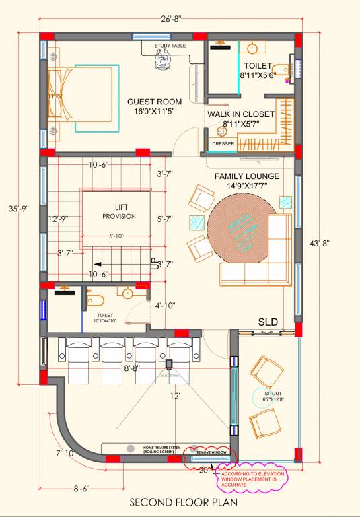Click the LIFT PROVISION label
119,212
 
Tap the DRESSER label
222,143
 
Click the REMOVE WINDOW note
209,452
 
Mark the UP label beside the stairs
157,264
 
